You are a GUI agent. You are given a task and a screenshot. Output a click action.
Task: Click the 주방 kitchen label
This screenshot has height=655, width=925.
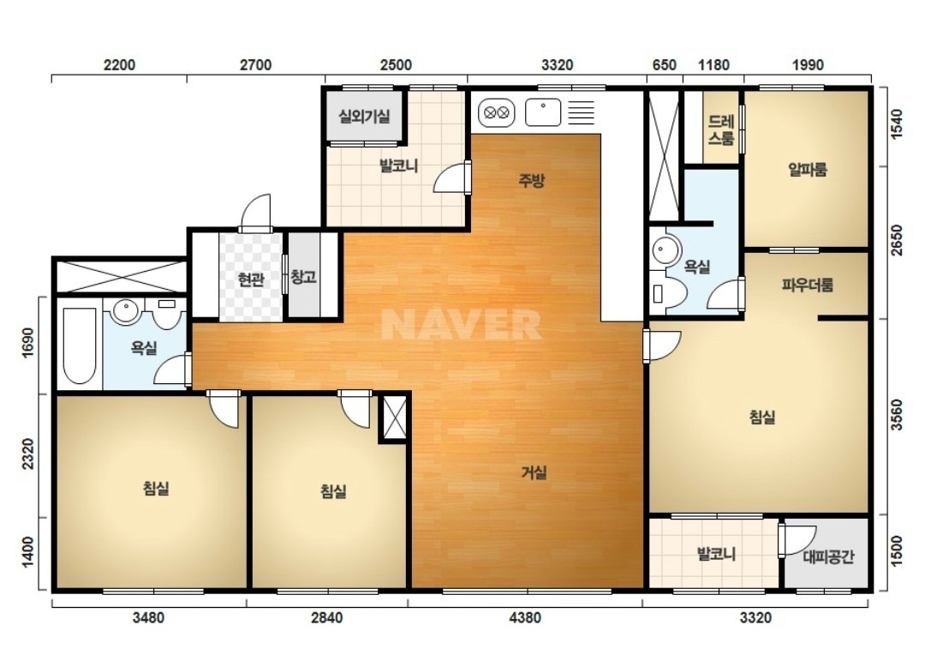tap(531, 181)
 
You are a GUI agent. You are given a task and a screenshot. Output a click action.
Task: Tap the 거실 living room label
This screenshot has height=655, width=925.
tap(534, 472)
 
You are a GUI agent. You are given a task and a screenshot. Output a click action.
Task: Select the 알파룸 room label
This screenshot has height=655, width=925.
tap(808, 170)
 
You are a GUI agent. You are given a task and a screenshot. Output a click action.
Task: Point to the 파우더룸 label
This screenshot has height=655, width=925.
tap(808, 285)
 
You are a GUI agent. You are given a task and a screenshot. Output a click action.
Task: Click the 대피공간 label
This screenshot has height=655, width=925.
tap(828, 557)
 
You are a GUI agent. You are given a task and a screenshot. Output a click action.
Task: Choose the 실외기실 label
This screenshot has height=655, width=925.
tap(364, 116)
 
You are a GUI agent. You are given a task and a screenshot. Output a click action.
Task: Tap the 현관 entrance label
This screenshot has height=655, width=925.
tap(251, 279)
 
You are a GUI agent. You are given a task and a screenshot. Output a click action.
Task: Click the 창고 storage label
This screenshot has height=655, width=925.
tap(304, 276)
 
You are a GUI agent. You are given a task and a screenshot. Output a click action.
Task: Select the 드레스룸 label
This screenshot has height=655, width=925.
tap(721, 130)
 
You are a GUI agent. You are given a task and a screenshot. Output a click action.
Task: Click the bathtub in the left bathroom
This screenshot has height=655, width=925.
tap(80, 346)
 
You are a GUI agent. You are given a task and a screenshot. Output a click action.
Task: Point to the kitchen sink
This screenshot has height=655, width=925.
tap(543, 112)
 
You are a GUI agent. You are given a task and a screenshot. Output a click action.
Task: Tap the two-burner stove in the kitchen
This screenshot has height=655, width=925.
tap(496, 112)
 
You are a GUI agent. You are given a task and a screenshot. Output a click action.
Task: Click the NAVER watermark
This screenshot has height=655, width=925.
tap(461, 324)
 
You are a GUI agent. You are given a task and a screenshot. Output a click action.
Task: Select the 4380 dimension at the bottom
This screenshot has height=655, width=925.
tap(524, 618)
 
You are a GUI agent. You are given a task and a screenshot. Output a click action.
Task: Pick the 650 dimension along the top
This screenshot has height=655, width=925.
tap(665, 64)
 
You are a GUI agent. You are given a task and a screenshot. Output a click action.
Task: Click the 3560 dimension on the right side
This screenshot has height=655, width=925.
tap(896, 417)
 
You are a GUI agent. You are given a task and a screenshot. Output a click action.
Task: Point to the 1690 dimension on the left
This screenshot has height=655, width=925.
tap(27, 344)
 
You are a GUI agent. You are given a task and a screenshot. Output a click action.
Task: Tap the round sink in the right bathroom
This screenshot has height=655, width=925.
tap(667, 250)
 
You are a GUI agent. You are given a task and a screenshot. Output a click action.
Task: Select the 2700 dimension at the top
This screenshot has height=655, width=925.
tap(255, 64)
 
